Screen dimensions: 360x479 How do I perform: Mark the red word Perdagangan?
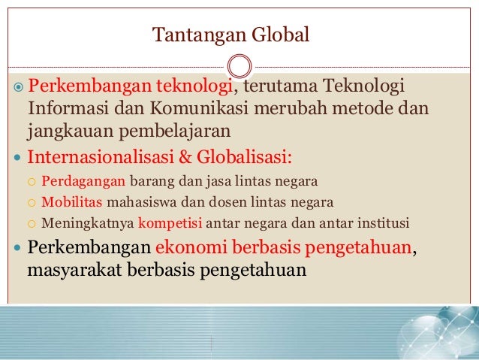[x=84, y=182]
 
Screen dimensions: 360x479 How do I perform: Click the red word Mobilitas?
[x=73, y=202]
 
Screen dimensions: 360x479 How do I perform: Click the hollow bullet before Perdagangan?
[x=31, y=183]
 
